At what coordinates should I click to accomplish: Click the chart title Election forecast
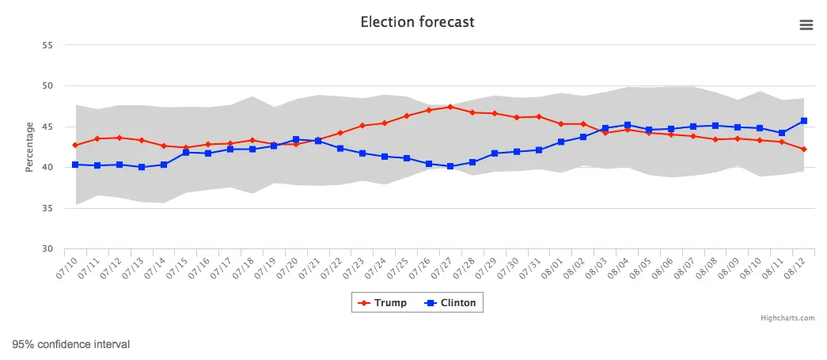417,22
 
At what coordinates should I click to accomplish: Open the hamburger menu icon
806,25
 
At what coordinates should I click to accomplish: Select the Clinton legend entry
452,303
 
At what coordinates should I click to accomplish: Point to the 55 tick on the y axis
47,45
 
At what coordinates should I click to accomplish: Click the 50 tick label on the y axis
47,85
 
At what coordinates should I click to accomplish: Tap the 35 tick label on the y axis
47,208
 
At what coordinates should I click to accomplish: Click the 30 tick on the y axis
47,249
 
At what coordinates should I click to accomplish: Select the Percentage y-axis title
29,146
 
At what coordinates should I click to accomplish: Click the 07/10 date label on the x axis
69,267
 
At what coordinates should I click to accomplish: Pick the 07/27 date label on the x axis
443,267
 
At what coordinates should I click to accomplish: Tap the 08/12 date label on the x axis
795,267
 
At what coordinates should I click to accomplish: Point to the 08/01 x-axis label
553,267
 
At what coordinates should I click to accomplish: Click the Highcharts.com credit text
787,318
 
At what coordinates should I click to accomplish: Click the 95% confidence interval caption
71,344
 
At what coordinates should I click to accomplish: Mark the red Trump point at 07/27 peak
450,107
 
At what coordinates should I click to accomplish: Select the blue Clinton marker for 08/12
803,121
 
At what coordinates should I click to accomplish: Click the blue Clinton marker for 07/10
75,165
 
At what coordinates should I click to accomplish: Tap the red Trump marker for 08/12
803,149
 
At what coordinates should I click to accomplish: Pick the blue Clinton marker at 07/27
450,166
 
